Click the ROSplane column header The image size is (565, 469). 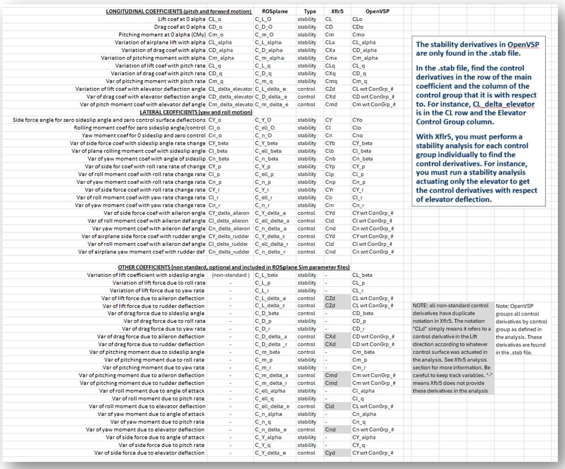click(x=275, y=11)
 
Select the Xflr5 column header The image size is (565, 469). click(x=337, y=11)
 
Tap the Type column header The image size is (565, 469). click(x=310, y=11)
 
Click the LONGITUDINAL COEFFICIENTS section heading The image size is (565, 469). click(x=179, y=11)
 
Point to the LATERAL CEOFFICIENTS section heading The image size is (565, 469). click(x=196, y=112)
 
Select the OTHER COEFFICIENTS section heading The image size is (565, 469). click(x=233, y=267)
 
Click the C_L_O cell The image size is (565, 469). click(x=263, y=19)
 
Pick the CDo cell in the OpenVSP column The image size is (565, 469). click(x=358, y=27)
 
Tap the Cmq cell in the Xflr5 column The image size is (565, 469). click(x=331, y=81)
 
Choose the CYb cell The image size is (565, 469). click(x=330, y=143)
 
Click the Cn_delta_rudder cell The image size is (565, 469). click(x=229, y=252)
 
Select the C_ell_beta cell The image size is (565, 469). click(x=268, y=151)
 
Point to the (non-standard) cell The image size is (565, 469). click(x=231, y=275)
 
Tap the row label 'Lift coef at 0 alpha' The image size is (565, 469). click(x=181, y=19)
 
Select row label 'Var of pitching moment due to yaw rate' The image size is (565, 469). click(x=153, y=368)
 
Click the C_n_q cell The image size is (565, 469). click(x=263, y=422)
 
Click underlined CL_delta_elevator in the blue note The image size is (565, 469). click(x=504, y=104)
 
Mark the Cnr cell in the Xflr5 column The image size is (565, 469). click(x=330, y=205)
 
